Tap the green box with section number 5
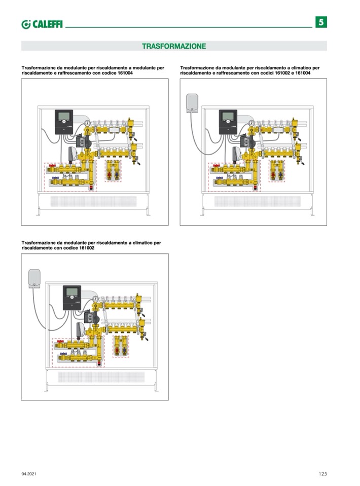321,22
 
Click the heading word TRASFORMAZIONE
173,46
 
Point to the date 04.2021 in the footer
29,474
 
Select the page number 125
322,474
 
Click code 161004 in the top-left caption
122,73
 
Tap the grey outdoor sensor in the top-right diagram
192,101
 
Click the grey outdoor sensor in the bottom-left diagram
34,278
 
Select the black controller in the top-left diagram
64,122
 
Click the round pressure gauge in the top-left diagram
88,122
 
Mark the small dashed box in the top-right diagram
276,171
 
